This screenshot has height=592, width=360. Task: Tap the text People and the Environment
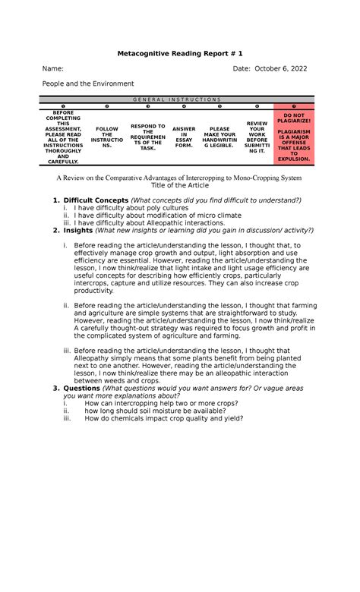point(88,83)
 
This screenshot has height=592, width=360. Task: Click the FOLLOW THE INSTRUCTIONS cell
point(105,137)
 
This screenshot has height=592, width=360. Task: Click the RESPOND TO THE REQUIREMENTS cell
point(147,137)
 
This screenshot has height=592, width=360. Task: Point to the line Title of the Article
point(179,185)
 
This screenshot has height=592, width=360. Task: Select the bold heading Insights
point(78,230)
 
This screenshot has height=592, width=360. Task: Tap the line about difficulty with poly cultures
point(134,208)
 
